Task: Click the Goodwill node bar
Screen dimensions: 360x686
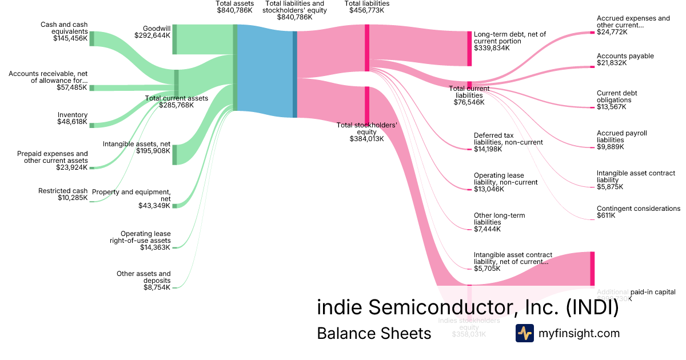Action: (174, 39)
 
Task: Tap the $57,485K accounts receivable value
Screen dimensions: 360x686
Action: (72, 87)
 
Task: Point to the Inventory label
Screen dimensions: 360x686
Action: (73, 115)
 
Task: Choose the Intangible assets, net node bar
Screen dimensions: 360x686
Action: (174, 154)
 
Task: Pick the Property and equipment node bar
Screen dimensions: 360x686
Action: (174, 206)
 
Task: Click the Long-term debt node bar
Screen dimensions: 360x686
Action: (469, 48)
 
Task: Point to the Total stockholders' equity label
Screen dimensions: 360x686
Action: (366, 129)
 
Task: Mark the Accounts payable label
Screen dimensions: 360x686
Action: (625, 56)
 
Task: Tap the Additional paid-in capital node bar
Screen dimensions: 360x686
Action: (592, 268)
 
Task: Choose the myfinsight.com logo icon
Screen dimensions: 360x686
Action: (525, 333)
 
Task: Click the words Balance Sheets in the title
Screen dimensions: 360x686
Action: (374, 333)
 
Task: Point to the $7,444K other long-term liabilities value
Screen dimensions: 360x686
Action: (487, 229)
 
